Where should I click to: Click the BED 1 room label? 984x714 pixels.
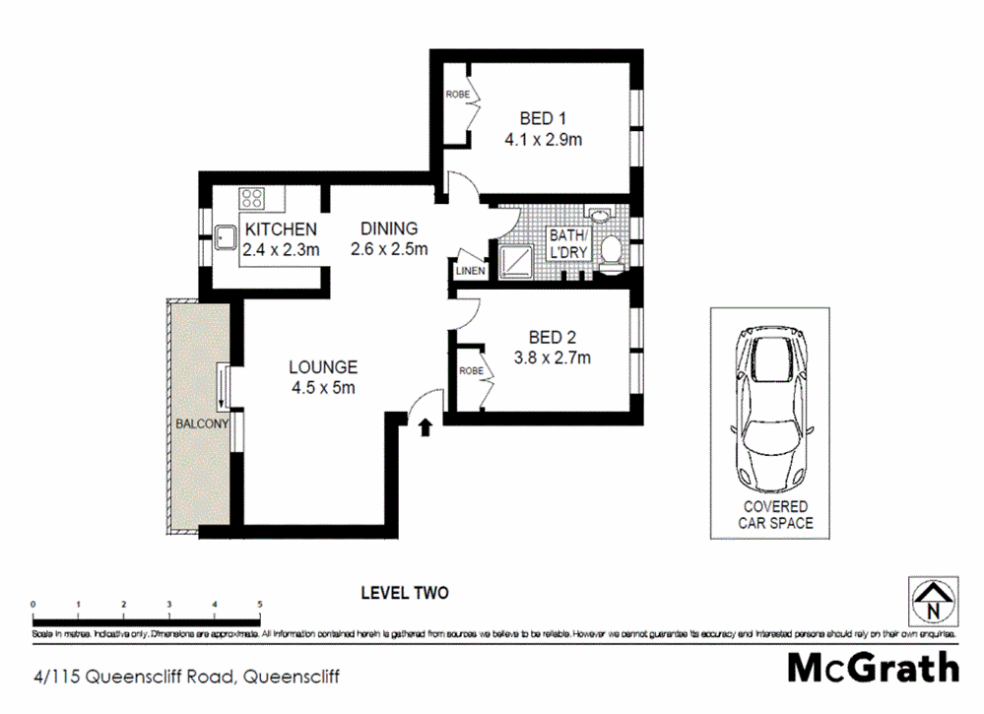(543, 120)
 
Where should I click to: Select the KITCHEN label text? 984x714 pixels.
(281, 229)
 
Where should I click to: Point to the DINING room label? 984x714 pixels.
(388, 228)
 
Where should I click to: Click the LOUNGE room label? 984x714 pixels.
(322, 367)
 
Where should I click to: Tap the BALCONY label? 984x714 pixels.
(202, 423)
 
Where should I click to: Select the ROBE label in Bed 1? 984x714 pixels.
(457, 95)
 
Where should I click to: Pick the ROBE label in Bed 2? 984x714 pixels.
(469, 371)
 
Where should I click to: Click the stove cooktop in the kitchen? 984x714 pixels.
(253, 197)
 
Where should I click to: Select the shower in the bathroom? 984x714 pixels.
(517, 260)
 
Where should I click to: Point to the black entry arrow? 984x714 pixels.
(426, 426)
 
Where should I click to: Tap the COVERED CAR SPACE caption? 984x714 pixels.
(776, 515)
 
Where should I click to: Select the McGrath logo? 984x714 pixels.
(873, 667)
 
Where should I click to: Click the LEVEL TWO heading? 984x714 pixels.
(404, 593)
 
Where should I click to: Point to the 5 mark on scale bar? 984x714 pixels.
(260, 604)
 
